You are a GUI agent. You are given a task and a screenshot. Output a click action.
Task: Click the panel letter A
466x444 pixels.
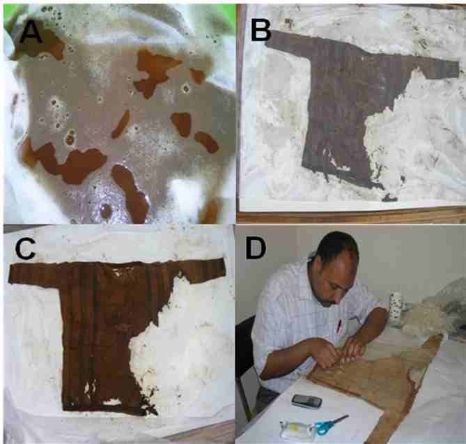click(31, 33)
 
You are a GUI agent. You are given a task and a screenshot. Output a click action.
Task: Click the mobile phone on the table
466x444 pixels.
click(306, 401)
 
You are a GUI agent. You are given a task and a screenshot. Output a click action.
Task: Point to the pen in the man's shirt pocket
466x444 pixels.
click(339, 326)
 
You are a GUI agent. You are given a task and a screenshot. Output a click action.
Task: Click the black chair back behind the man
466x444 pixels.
click(245, 357)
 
